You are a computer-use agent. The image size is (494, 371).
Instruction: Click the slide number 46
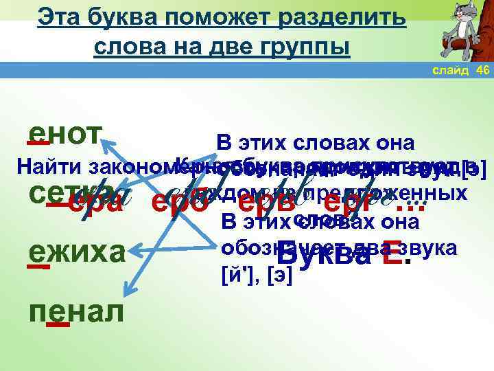click(x=482, y=71)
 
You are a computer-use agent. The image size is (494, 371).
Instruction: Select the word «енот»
click(x=66, y=136)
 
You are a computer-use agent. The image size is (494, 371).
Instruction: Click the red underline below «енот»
click(x=38, y=144)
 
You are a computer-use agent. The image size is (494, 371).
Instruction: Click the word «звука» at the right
click(x=433, y=249)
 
